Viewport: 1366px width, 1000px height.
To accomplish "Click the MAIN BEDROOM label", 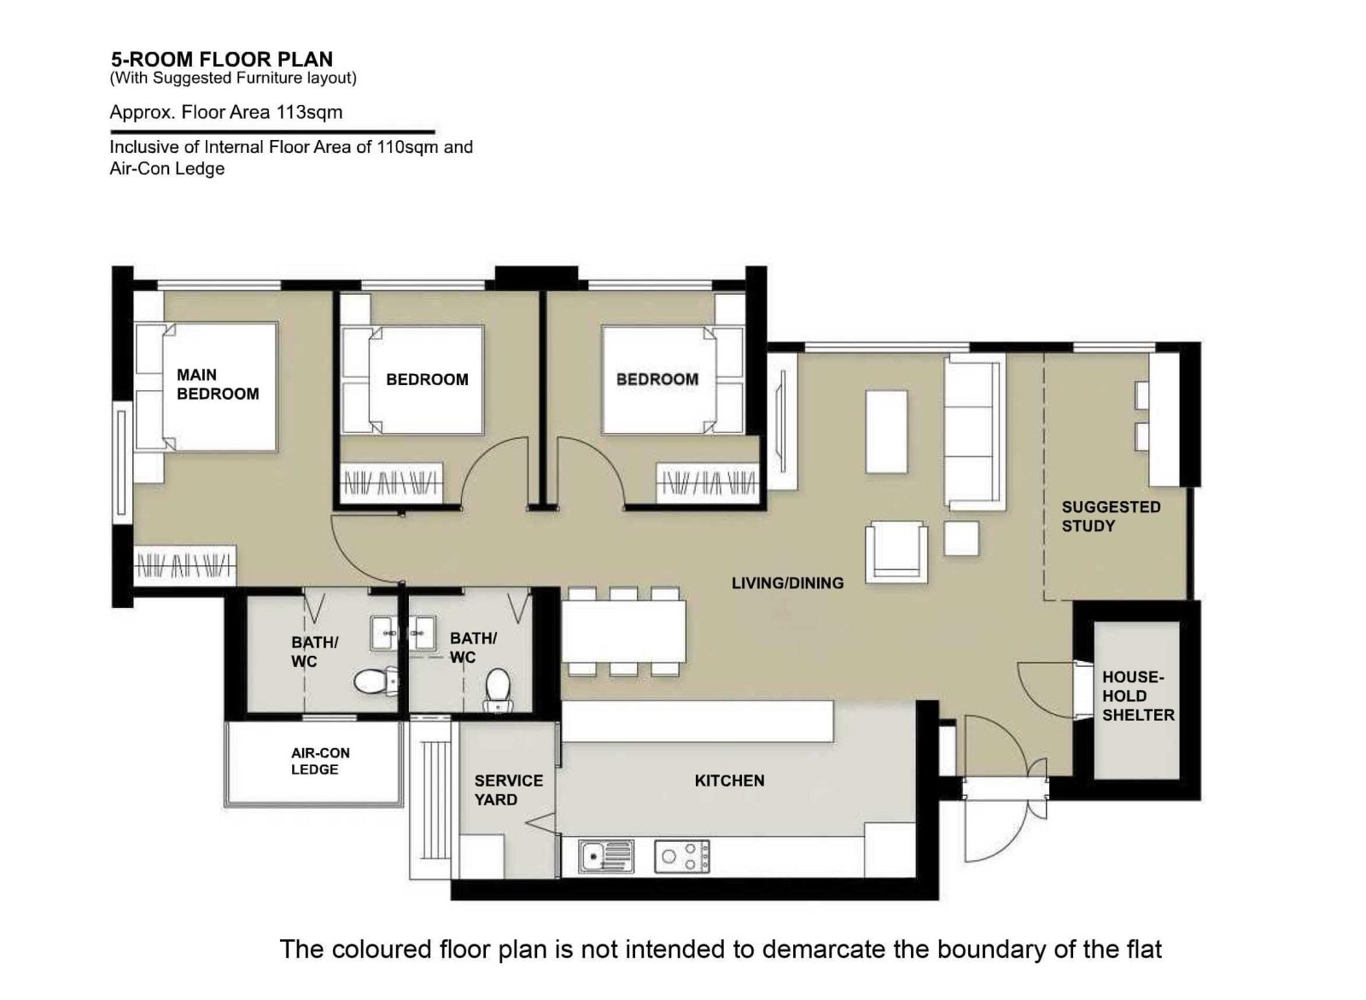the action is pyautogui.click(x=218, y=384).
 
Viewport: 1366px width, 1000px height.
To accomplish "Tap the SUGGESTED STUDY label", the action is pyautogui.click(x=1111, y=517).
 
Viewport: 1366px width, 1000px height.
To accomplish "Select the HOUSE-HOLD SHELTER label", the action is pyautogui.click(x=1138, y=696).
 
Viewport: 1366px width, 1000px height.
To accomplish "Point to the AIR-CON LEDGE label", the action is pyautogui.click(x=320, y=762).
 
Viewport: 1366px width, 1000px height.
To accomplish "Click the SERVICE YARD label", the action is pyautogui.click(x=509, y=790).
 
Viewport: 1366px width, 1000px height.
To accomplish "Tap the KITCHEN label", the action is pyautogui.click(x=729, y=781).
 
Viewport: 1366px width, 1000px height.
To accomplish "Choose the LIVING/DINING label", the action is pyautogui.click(x=788, y=583).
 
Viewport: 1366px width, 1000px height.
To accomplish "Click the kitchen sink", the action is pyautogui.click(x=607, y=857).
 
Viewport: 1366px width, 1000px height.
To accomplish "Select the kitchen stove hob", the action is pyautogui.click(x=682, y=857).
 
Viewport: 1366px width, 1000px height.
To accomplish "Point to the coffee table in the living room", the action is pyautogui.click(x=886, y=432).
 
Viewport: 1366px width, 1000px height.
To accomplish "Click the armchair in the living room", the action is pyautogui.click(x=896, y=552).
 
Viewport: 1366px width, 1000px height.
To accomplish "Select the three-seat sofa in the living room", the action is pyautogui.click(x=974, y=433).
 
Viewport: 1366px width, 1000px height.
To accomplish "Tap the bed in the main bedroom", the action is pyautogui.click(x=206, y=388).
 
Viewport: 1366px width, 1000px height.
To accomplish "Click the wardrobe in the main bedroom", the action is pyautogui.click(x=184, y=565).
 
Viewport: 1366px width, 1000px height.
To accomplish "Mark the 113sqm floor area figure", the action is pyautogui.click(x=309, y=112).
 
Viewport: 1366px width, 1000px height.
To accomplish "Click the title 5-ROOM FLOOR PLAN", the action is pyautogui.click(x=222, y=59).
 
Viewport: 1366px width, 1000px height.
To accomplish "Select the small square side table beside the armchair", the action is pyautogui.click(x=961, y=538).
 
